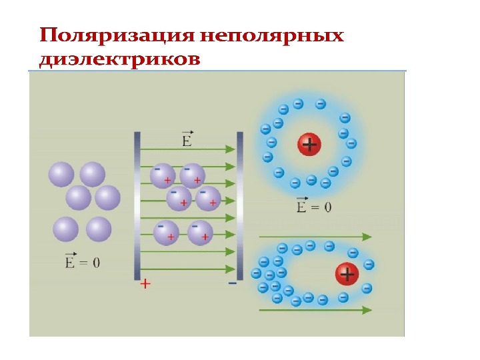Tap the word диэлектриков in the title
[x=120, y=59]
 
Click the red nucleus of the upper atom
[x=309, y=144]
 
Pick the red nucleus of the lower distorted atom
[x=347, y=273]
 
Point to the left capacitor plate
[x=137, y=205]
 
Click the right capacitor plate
[x=239, y=205]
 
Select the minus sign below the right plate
[x=232, y=283]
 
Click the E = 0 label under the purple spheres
[x=82, y=262]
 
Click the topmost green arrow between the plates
[x=188, y=149]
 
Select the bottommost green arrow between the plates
[x=188, y=269]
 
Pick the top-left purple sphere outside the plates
[x=61, y=175]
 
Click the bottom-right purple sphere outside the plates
[x=99, y=229]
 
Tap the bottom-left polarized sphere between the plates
[x=166, y=233]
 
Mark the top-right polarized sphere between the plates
[x=193, y=175]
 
